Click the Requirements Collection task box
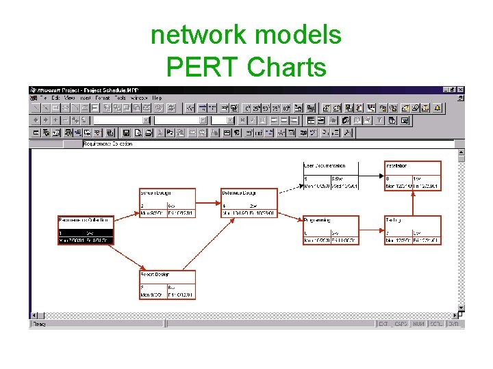[86, 230]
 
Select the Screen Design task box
[167, 203]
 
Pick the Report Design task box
[167, 285]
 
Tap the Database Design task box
[249, 203]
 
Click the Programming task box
[331, 230]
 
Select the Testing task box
[413, 230]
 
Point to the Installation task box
[413, 176]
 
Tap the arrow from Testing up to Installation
[413, 203]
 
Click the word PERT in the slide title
[203, 67]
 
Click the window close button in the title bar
[460, 90]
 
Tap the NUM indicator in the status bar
[418, 323]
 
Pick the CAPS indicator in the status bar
[401, 323]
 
